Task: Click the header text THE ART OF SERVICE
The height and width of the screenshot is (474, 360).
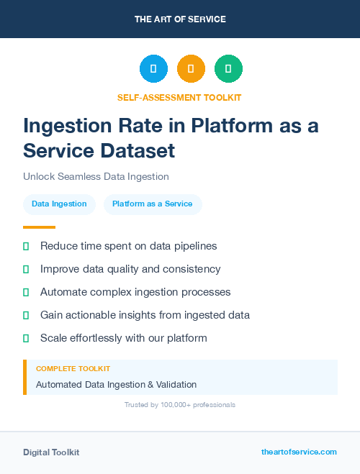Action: tap(180, 19)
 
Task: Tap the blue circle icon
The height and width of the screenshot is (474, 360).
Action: tap(153, 69)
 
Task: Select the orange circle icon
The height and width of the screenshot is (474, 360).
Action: tap(191, 69)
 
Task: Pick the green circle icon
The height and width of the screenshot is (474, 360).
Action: tap(228, 69)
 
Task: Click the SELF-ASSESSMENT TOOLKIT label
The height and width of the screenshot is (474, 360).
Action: tap(179, 97)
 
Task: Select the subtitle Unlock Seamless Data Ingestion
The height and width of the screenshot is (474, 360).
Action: tap(96, 176)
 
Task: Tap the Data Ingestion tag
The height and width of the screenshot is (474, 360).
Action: tap(59, 204)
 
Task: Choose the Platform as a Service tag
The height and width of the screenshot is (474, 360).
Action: tap(153, 204)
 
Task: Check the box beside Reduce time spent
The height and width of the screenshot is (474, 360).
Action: tap(26, 247)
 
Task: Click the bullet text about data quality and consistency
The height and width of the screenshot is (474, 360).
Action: tap(130, 269)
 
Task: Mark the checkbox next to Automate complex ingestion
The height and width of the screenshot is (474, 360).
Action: tap(26, 293)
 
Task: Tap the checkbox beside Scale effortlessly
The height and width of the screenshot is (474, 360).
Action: tap(26, 338)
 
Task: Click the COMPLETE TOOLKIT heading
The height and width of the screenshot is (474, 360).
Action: tap(73, 369)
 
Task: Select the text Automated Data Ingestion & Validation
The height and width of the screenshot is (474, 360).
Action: tap(116, 385)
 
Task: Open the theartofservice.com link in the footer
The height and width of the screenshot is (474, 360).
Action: tap(299, 452)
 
